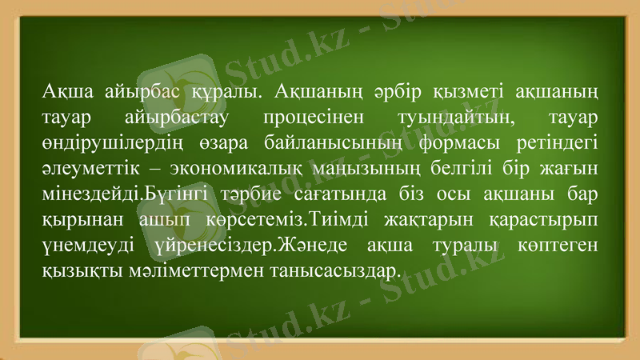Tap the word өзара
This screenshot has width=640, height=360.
(227, 144)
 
